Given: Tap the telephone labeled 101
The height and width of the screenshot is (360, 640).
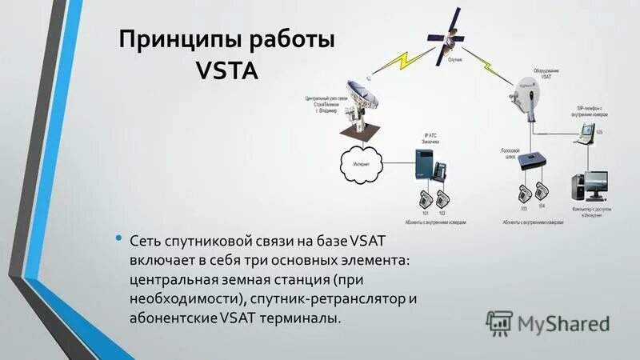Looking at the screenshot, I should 424,198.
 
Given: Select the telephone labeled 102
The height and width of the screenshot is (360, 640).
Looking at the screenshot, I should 442,198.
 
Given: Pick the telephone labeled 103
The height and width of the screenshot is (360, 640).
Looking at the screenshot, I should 523,193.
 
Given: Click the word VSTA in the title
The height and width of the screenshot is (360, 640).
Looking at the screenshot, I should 227,71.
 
